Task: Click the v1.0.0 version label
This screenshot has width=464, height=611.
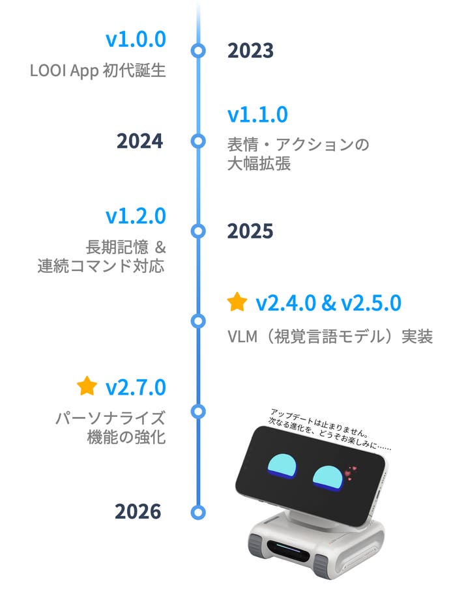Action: pyautogui.click(x=136, y=39)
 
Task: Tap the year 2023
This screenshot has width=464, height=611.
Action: pyautogui.click(x=250, y=51)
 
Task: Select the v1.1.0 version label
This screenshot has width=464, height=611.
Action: pyautogui.click(x=257, y=115)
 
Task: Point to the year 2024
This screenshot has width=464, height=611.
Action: pyautogui.click(x=139, y=141)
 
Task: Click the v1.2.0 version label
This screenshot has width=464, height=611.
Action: pyautogui.click(x=136, y=216)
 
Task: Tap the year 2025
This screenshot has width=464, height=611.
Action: pyautogui.click(x=250, y=231)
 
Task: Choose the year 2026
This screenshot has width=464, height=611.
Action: pyautogui.click(x=138, y=512)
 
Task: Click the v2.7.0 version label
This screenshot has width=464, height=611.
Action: pyautogui.click(x=136, y=387)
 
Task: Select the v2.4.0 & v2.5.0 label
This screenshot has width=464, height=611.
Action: pyautogui.click(x=328, y=303)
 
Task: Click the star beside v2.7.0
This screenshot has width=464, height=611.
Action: pyautogui.click(x=87, y=386)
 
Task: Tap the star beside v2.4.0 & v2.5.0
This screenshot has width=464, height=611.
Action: pyautogui.click(x=237, y=302)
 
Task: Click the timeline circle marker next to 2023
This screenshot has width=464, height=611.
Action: pyautogui.click(x=198, y=51)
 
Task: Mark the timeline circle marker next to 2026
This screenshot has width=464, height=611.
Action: pyautogui.click(x=198, y=512)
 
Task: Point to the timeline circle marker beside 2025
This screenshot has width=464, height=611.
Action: pyautogui.click(x=198, y=231)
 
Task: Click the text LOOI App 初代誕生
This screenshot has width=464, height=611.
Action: pyautogui.click(x=98, y=70)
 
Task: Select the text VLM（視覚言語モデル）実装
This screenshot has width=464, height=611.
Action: pyautogui.click(x=330, y=337)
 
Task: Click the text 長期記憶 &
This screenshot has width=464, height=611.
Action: pyautogui.click(x=126, y=248)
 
